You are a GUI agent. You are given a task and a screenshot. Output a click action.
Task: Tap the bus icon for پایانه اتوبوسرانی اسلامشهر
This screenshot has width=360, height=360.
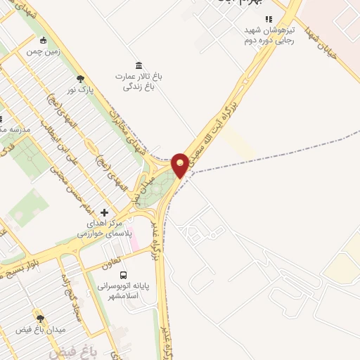point(124,275)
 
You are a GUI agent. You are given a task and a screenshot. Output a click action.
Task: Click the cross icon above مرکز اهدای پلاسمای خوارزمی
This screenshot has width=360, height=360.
point(105,212)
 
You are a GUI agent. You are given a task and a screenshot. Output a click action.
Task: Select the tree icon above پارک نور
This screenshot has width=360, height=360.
point(81,79)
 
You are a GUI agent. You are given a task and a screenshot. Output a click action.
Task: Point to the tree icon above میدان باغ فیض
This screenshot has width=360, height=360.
point(39,319)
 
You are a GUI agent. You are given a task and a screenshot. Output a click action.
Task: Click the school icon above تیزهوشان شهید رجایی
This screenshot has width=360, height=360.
point(268,19)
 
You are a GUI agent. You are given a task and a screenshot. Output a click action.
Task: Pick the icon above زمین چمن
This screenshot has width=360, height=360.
point(44,41)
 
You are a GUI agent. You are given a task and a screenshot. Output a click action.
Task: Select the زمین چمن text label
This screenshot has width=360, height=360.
point(44,51)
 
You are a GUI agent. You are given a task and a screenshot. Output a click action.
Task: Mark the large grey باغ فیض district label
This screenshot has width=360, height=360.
point(70,350)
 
